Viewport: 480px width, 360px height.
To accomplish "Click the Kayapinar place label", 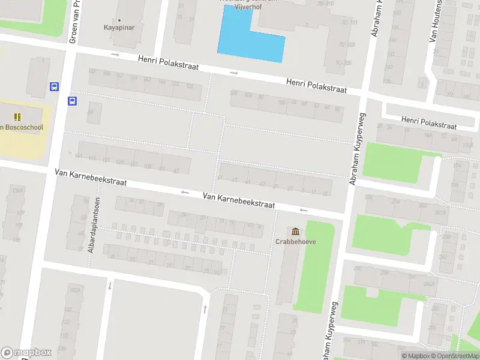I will [118, 28].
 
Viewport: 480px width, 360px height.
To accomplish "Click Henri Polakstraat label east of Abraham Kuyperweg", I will [429, 123].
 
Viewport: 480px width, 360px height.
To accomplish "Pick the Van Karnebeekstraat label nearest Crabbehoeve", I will [238, 200].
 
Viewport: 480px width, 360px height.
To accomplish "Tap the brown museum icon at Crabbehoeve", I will [295, 232].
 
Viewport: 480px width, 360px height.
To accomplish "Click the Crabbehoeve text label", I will [296, 242].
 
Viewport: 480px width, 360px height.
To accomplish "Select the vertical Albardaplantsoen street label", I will [92, 224].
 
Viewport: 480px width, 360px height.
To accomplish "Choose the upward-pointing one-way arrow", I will [205, 308].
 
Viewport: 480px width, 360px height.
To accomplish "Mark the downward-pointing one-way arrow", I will [109, 285].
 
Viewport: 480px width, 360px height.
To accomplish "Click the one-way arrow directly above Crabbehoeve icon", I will [303, 210].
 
